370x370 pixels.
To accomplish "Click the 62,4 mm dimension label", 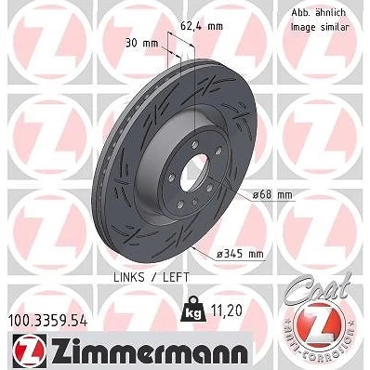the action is click(x=202, y=26).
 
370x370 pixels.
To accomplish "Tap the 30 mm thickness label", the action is click(x=141, y=44).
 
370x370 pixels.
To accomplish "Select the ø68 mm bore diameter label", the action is click(x=272, y=195).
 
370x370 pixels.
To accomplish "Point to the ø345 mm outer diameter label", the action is click(x=240, y=254).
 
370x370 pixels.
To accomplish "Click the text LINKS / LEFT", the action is click(x=152, y=277).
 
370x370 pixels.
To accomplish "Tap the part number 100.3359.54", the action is click(x=48, y=321).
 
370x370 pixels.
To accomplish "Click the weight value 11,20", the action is click(x=226, y=311).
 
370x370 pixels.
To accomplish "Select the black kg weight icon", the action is click(x=192, y=309).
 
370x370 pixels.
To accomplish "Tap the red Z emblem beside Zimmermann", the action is click(x=30, y=351).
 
